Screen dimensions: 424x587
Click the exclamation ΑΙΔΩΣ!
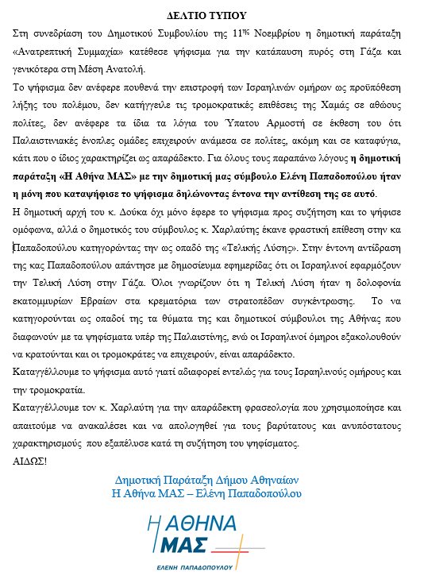(31, 458)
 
